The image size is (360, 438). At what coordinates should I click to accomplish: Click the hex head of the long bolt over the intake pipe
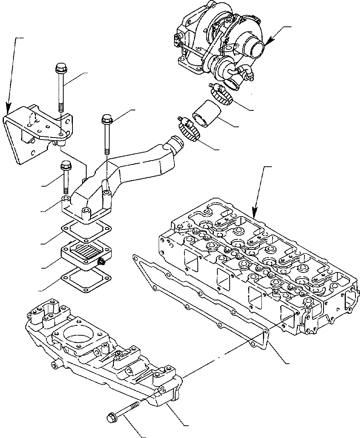pyautogui.click(x=106, y=119)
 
